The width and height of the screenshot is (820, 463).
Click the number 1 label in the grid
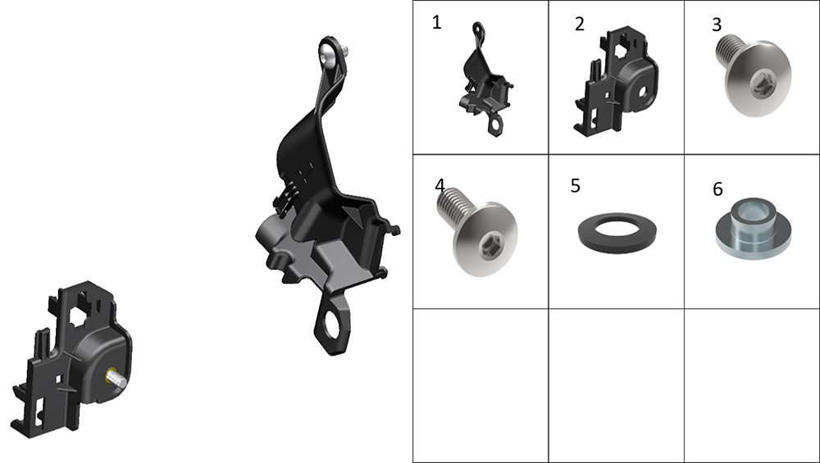[x=437, y=22]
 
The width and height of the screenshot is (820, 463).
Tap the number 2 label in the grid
[x=580, y=24]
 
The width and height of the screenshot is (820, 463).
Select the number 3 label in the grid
[x=717, y=25]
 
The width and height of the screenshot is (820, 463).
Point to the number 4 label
[x=440, y=185]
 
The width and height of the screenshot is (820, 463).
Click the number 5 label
[x=576, y=186]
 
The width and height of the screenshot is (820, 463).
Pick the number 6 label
[x=717, y=188]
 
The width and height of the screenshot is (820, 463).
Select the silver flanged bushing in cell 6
[x=753, y=228]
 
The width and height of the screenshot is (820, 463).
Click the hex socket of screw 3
[x=758, y=83]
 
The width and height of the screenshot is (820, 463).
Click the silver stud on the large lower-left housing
[x=116, y=378]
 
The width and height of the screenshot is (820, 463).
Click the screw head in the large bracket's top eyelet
[x=327, y=54]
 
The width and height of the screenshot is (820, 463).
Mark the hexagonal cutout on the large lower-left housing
[x=84, y=311]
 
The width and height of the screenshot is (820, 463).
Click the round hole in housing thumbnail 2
[x=642, y=92]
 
